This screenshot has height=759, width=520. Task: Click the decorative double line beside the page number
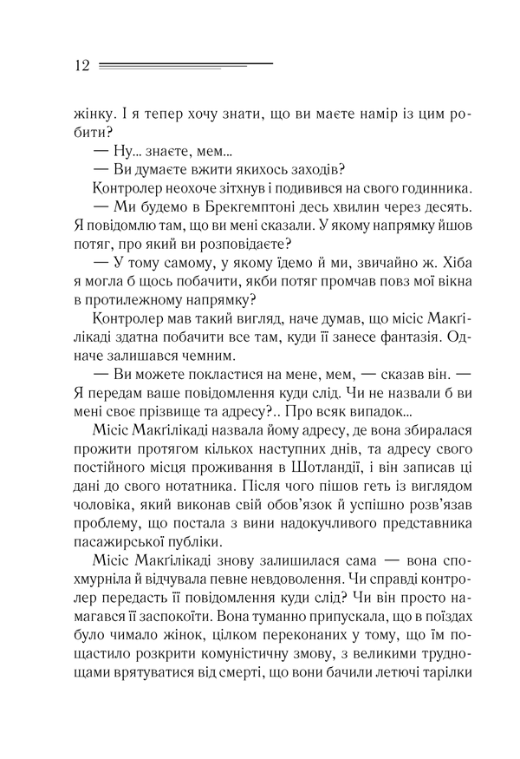pyautogui.click(x=185, y=65)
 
